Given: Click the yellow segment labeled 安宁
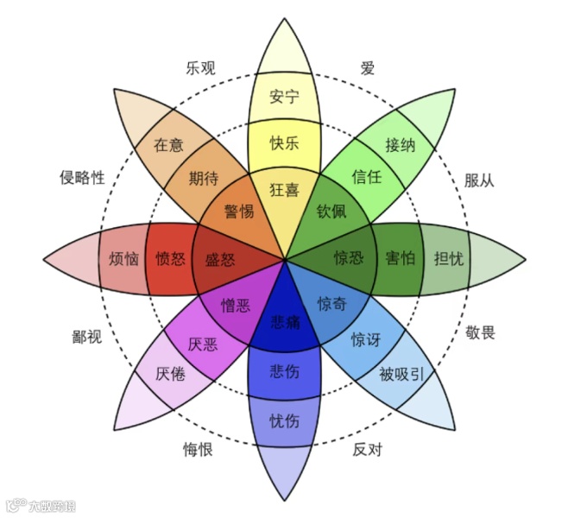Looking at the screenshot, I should click(284, 96).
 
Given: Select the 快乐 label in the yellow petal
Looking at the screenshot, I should click(284, 142).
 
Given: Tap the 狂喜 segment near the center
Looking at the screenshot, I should click(284, 189).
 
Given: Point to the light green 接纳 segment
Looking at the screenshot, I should click(401, 144).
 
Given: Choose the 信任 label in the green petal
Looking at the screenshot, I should click(367, 177).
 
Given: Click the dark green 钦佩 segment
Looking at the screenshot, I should click(331, 211).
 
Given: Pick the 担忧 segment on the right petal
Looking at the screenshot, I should click(448, 257).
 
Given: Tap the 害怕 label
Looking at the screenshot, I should click(400, 257).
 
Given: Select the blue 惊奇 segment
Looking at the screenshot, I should click(332, 303).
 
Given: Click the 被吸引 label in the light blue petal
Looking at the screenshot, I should click(402, 374).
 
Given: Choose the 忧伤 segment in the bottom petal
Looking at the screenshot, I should click(285, 421).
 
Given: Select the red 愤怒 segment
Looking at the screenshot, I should click(170, 257).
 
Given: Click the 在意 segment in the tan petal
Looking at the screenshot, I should click(168, 144).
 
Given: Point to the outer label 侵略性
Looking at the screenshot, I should click(82, 178).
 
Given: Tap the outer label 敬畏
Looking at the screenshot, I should click(481, 332).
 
